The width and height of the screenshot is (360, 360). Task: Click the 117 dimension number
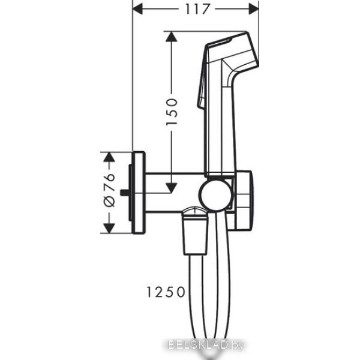(x=197, y=9)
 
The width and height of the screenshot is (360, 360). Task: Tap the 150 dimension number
(x=172, y=112)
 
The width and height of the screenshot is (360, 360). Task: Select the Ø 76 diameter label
(x=109, y=190)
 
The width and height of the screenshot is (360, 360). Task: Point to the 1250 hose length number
(x=166, y=292)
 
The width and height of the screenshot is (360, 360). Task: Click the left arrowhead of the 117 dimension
(x=138, y=9)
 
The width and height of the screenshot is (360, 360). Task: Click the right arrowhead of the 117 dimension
(x=254, y=9)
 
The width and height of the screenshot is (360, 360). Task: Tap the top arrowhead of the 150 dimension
(x=171, y=37)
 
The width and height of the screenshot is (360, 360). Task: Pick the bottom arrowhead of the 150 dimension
(x=171, y=188)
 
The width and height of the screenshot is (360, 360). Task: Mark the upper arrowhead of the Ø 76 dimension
(x=109, y=157)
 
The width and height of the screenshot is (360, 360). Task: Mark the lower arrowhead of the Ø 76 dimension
(x=109, y=228)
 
